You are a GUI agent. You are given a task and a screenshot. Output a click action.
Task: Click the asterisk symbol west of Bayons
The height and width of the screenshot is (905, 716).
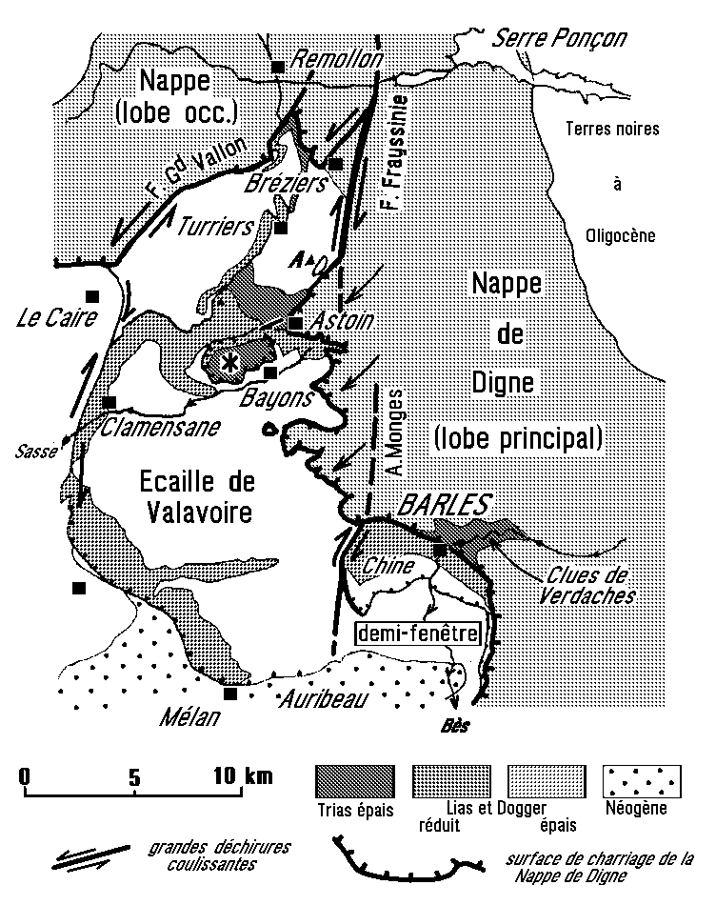tap(229, 361)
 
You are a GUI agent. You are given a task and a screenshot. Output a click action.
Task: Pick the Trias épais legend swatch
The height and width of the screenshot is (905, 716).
tap(353, 783)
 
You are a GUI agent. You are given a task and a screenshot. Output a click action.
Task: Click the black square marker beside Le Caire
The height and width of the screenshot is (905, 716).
tap(92, 295)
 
